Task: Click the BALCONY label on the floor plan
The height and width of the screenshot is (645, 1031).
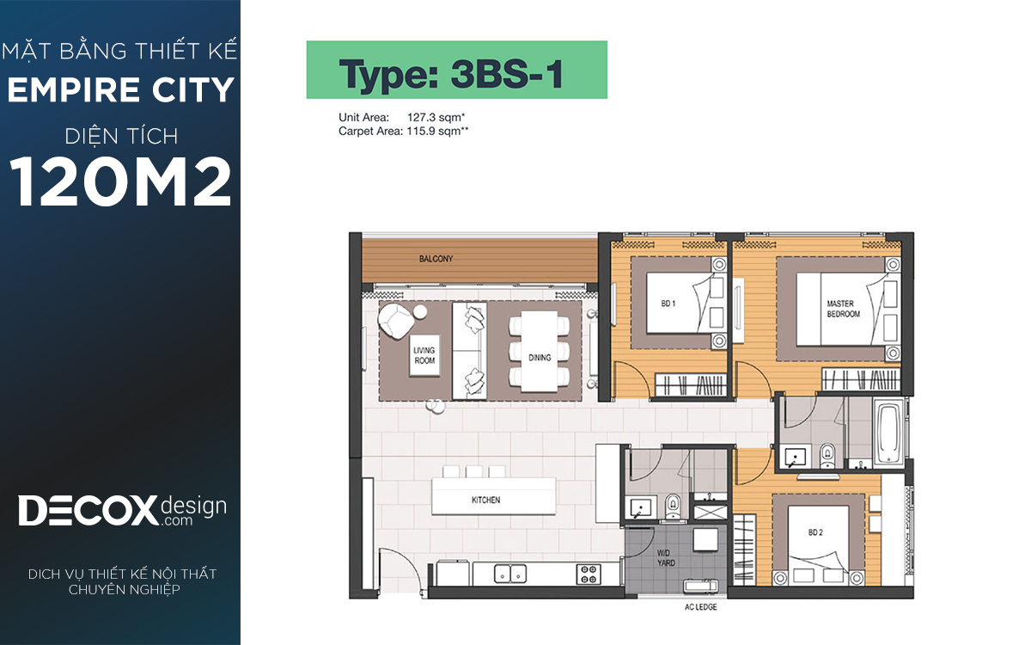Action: point(436,259)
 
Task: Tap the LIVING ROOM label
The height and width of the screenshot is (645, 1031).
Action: point(424,355)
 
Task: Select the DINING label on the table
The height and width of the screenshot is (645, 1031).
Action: point(540,358)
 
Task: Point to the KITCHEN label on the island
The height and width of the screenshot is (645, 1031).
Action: point(485,500)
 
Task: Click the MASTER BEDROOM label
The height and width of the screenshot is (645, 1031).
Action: point(843,309)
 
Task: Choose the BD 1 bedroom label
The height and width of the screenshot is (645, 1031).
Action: point(668,304)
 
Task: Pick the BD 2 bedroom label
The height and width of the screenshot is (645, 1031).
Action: point(815,532)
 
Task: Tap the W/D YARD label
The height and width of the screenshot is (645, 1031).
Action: point(666,557)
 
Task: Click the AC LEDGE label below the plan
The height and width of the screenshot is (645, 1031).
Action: point(700,607)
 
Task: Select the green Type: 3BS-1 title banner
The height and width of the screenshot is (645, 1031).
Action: point(456,70)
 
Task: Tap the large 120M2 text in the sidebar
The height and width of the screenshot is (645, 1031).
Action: point(120,181)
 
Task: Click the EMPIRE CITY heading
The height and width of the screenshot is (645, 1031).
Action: point(120,89)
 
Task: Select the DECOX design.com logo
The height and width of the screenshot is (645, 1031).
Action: point(122,511)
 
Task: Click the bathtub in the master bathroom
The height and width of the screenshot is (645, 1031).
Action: point(888,433)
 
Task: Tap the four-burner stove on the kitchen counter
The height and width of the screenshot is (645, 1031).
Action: point(589,574)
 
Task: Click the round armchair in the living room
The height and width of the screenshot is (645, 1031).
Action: point(395,320)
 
